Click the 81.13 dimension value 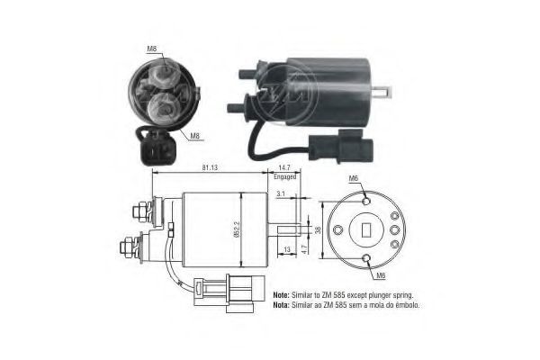click(210, 167)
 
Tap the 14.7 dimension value click(284, 167)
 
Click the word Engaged click(284, 176)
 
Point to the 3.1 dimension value click(281, 193)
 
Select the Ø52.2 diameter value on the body click(237, 229)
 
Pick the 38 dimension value click(318, 229)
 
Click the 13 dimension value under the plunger click(287, 249)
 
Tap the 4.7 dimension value click(304, 249)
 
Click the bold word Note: click(282, 295)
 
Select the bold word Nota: click(282, 305)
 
